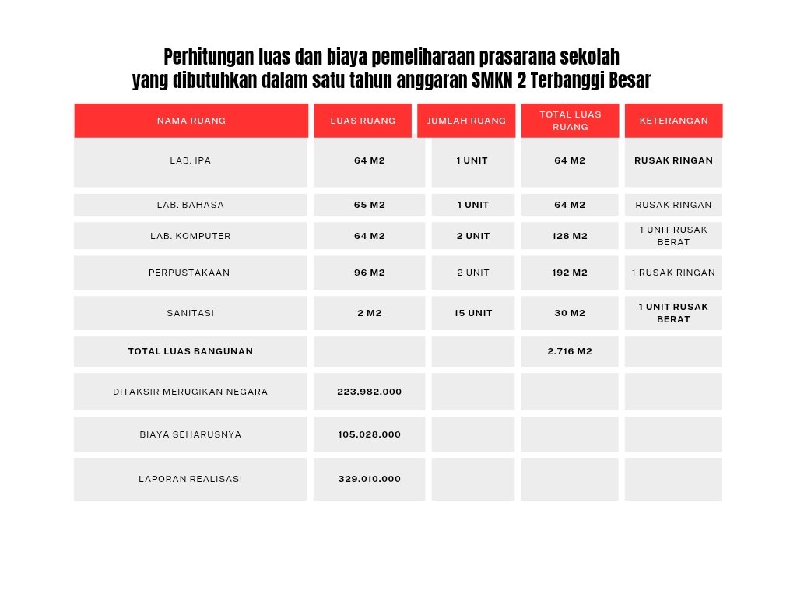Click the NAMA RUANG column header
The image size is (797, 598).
point(191,121)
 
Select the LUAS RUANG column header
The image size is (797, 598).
point(363,121)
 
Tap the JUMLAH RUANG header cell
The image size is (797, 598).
point(466,121)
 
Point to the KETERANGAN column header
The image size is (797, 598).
point(673,121)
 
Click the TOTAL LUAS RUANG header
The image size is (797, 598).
point(570,121)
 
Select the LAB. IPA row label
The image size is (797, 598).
point(191,161)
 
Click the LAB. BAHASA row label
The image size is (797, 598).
point(191,205)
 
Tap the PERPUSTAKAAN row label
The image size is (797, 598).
point(191,273)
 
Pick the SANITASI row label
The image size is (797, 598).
point(191,313)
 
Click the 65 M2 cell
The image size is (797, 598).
point(369,205)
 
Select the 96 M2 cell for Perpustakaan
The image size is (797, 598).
point(369,273)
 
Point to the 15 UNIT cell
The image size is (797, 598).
point(472,313)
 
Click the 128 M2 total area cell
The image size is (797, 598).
point(570,236)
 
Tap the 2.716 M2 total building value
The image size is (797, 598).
point(570,351)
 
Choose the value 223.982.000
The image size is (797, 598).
point(369,392)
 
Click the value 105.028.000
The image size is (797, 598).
point(369,434)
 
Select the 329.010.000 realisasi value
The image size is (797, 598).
point(369,479)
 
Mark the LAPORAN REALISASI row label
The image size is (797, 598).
point(191,479)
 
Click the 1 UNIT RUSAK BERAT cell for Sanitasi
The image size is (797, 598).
point(673,313)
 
